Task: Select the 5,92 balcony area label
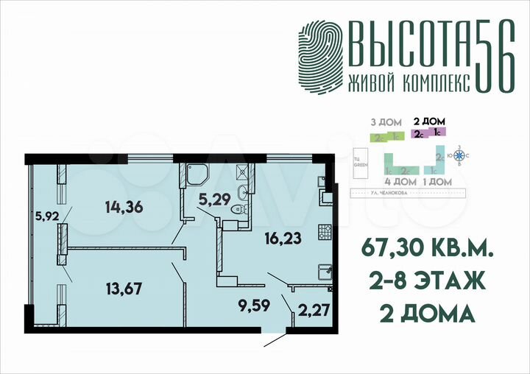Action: pyautogui.click(x=46, y=216)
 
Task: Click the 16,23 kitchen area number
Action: pyautogui.click(x=282, y=239)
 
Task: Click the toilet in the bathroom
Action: pyautogui.click(x=237, y=211)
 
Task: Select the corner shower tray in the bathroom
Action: pyautogui.click(x=197, y=173)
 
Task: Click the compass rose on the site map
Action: pyautogui.click(x=460, y=155)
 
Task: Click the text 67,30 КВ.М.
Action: pyautogui.click(x=425, y=250)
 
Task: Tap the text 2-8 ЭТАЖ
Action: pyautogui.click(x=425, y=282)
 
